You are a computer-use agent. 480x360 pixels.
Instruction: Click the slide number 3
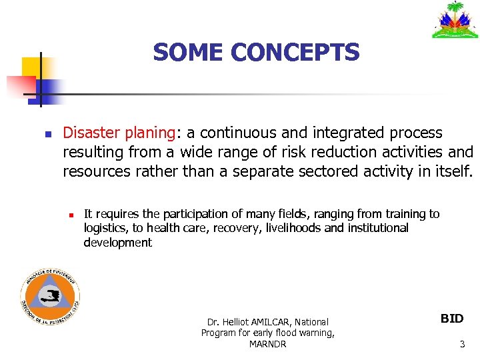pyautogui.click(x=462, y=344)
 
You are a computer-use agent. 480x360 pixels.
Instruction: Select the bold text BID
pyautogui.click(x=452, y=319)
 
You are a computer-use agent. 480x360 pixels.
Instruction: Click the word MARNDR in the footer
pyautogui.click(x=267, y=345)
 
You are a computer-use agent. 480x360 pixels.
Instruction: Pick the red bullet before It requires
pyautogui.click(x=69, y=215)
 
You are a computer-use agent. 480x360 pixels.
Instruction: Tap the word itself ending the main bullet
pyautogui.click(x=453, y=171)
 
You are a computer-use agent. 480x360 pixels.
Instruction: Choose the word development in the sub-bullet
pyautogui.click(x=117, y=243)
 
